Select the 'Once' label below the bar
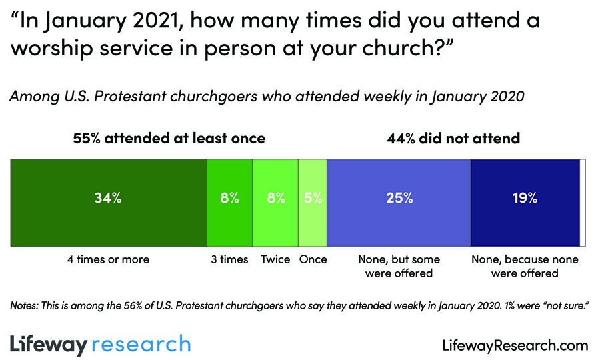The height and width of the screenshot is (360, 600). (x=313, y=259)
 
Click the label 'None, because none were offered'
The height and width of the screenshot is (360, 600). (x=525, y=266)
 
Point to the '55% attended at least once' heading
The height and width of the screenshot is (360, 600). (x=169, y=139)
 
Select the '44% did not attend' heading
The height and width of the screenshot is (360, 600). (x=453, y=139)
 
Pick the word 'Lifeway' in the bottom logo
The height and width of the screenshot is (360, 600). (x=49, y=345)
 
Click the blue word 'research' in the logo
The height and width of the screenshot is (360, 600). (x=140, y=345)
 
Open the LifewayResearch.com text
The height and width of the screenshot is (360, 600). (x=515, y=345)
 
